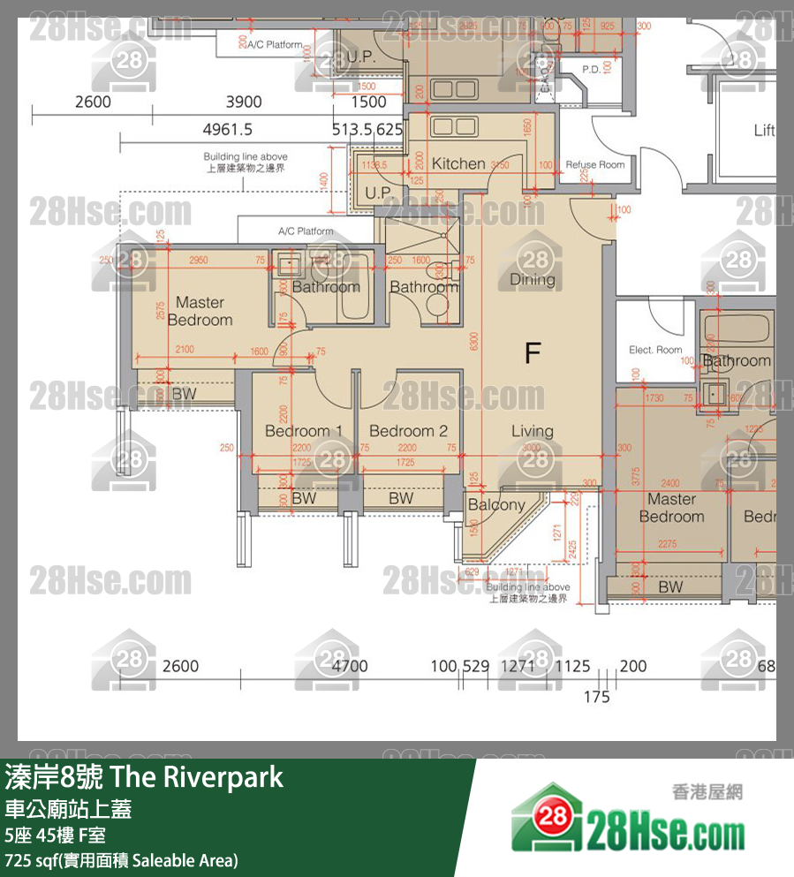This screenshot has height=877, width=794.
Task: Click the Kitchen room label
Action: point(458,163)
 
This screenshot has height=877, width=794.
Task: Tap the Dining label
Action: point(533,280)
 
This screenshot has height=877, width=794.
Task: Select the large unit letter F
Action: point(532,354)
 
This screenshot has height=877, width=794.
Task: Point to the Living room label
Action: point(533,431)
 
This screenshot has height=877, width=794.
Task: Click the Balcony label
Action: point(496,505)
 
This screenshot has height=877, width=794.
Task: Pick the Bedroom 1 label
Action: point(304,431)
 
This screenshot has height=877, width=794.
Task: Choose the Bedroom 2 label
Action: point(408,431)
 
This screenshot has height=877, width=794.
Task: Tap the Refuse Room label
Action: point(594,164)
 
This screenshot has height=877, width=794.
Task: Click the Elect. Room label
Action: point(655,350)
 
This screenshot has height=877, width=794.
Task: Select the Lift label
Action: point(764,131)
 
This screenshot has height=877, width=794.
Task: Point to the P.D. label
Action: point(592,69)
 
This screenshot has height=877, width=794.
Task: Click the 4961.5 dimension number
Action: point(228,129)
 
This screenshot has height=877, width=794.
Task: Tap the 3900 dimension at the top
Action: point(244,102)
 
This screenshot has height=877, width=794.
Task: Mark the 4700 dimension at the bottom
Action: point(350,667)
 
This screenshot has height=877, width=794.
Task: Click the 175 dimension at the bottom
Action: point(597,697)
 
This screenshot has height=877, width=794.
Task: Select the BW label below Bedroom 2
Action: point(401,498)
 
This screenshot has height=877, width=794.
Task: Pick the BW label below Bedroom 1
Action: point(304,498)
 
